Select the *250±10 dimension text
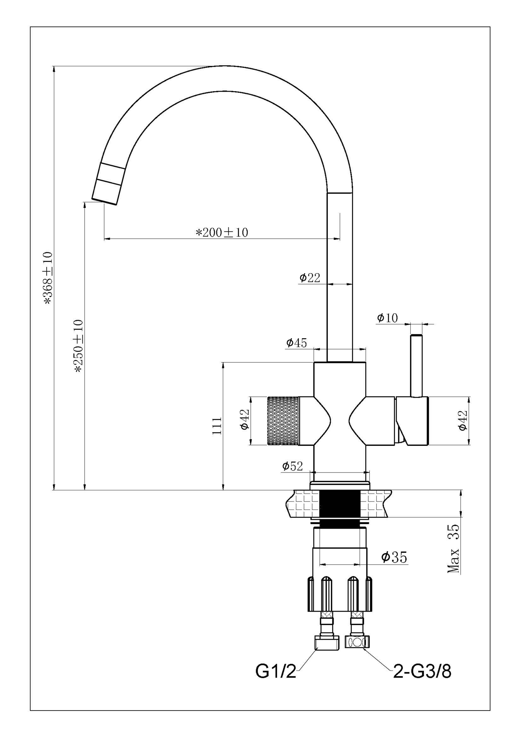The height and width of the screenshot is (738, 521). click(79, 345)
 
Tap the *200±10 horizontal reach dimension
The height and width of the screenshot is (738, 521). click(222, 232)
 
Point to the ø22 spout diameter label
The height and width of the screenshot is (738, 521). click(310, 278)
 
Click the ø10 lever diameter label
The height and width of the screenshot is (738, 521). click(387, 318)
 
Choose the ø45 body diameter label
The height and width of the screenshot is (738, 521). click(296, 342)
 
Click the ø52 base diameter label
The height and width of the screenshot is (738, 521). click(292, 466)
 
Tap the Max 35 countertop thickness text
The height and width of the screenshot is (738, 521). click(454, 549)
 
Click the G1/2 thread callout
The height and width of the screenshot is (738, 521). click(276, 672)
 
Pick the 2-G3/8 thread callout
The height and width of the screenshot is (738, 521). click(422, 672)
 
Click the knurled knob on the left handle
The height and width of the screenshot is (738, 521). click(283, 420)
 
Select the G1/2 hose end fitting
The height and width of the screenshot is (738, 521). click(327, 643)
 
